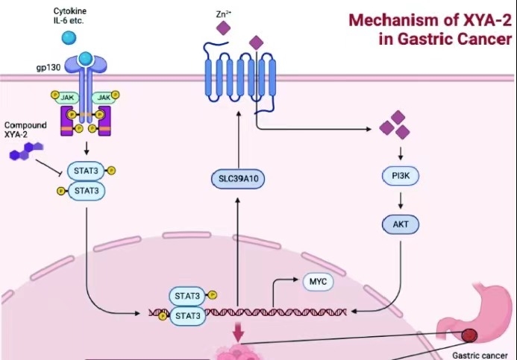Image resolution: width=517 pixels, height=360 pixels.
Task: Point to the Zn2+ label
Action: coord(221,13)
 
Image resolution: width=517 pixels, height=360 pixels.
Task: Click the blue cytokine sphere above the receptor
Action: coord(69,37)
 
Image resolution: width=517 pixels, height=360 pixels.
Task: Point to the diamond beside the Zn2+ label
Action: coord(222,29)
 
